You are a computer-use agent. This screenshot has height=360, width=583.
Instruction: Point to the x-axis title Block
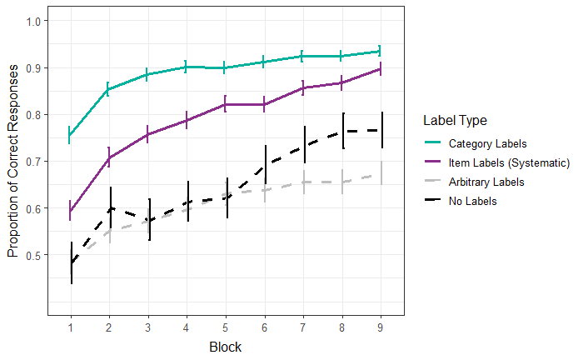click(x=226, y=344)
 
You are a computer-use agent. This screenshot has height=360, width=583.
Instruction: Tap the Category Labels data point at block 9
click(x=381, y=51)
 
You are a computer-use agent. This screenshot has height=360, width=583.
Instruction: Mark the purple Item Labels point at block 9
click(x=381, y=69)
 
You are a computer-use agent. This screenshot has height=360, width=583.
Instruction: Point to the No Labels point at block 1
click(x=71, y=262)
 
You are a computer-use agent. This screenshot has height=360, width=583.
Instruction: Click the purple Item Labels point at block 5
click(x=226, y=104)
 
